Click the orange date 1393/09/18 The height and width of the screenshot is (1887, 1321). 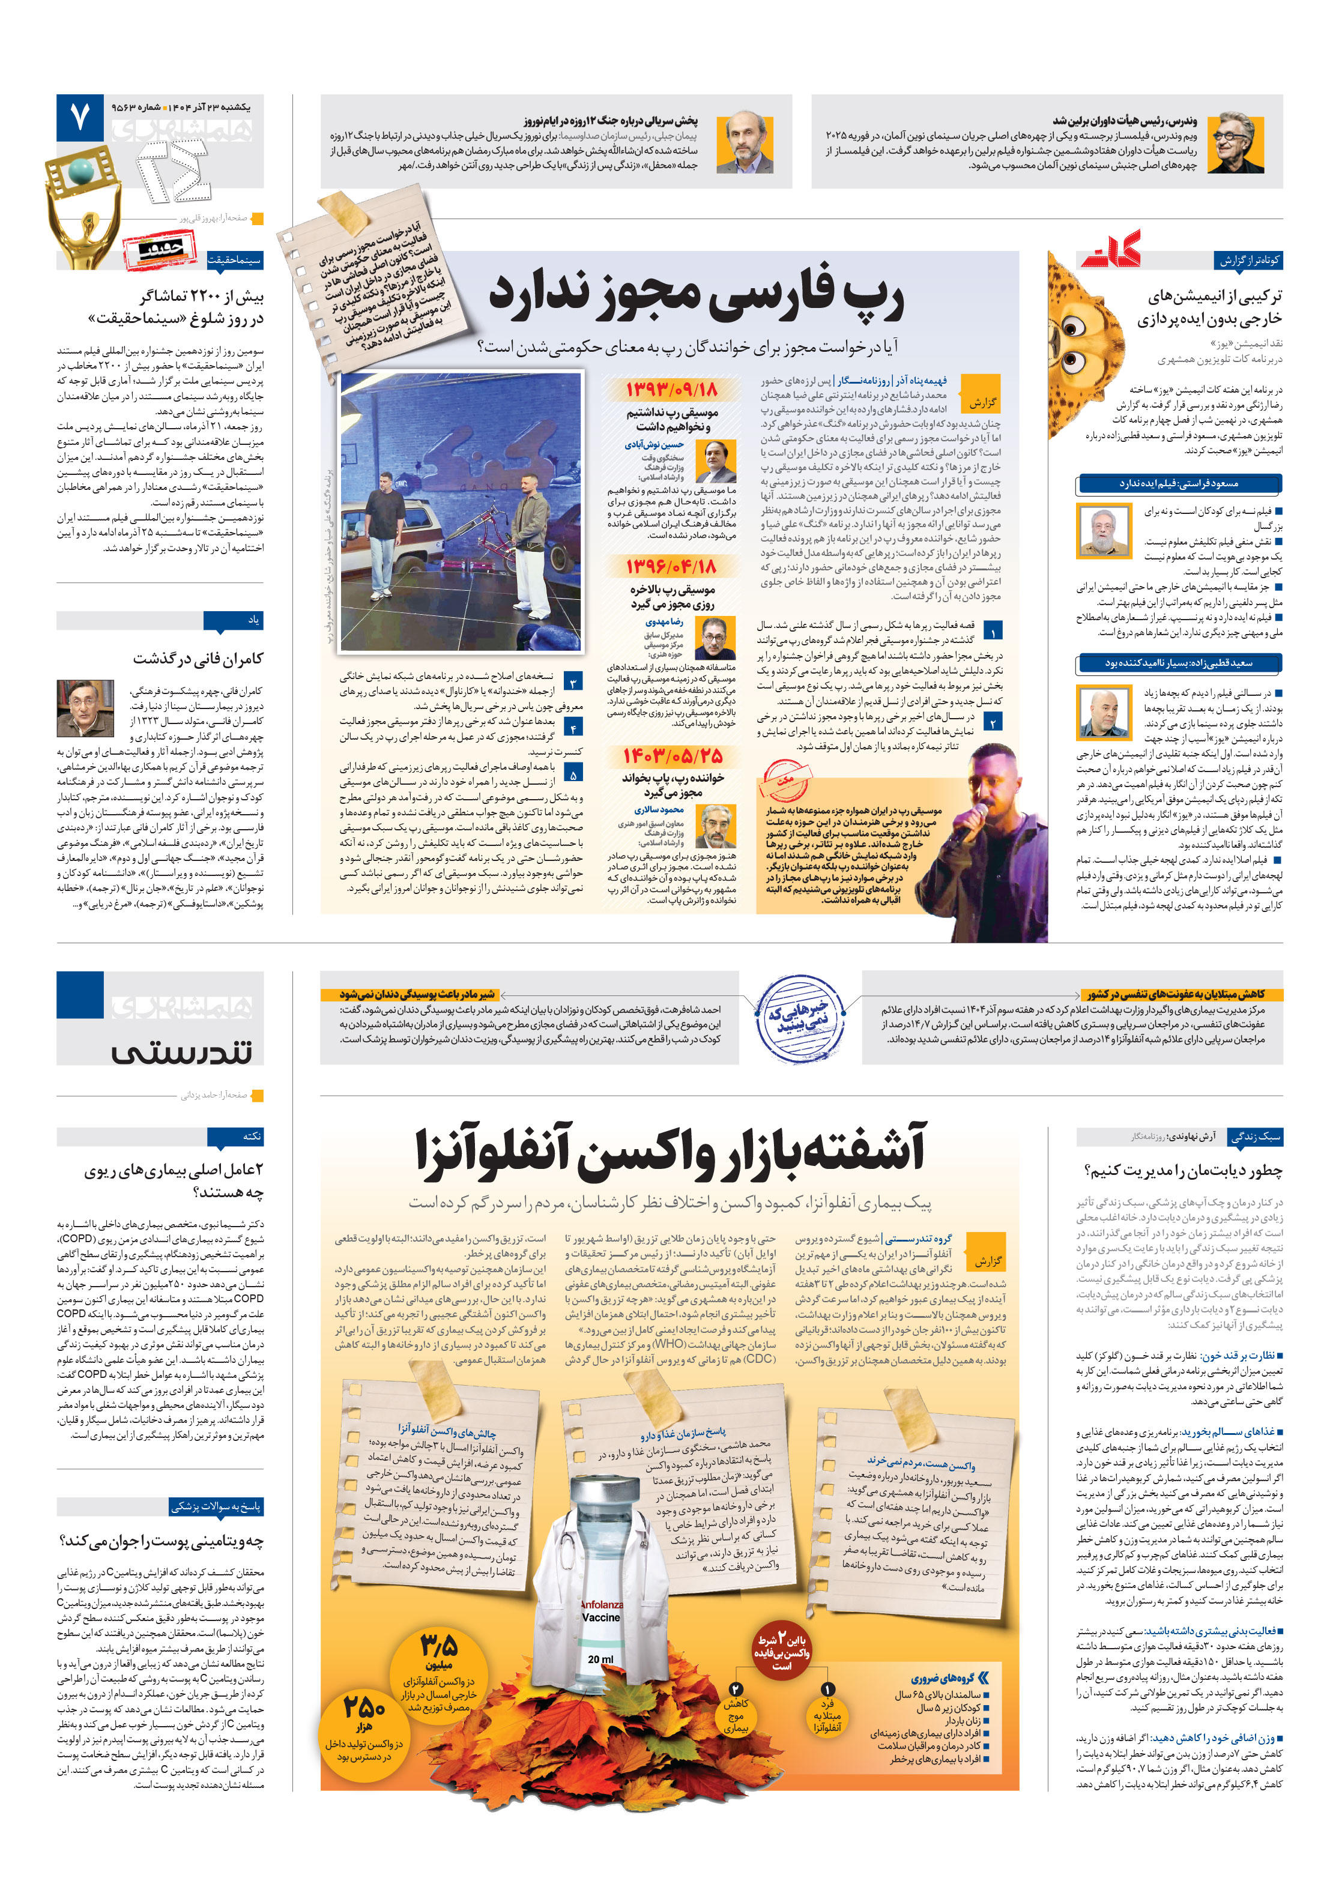(671, 390)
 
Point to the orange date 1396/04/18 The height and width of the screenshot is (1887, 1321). (671, 566)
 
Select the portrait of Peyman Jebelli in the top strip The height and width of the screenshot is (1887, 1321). (744, 143)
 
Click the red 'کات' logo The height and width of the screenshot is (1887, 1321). (1111, 250)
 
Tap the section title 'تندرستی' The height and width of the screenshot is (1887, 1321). (182, 1051)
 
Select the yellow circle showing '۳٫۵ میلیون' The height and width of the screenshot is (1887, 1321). (438, 1671)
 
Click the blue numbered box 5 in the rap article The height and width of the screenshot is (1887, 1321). (572, 774)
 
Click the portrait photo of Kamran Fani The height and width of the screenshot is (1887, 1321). (85, 708)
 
